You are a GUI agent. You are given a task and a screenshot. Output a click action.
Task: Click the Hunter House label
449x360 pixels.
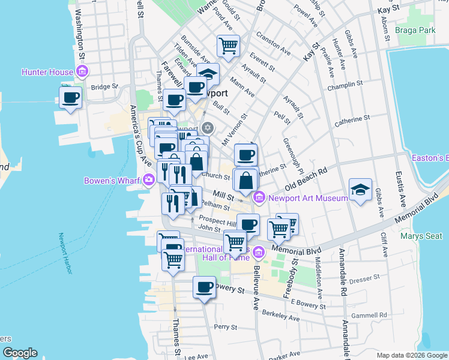click(x=47, y=72)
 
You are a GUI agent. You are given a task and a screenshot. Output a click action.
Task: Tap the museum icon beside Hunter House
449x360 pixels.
click(x=82, y=73)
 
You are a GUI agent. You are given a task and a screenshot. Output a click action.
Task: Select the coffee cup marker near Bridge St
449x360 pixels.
click(x=70, y=97)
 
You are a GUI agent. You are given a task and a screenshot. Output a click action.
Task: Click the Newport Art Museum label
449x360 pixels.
click(x=308, y=198)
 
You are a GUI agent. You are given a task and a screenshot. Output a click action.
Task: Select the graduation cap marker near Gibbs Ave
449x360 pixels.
click(x=360, y=190)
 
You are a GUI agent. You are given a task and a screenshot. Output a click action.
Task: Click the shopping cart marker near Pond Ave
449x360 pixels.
click(x=228, y=46)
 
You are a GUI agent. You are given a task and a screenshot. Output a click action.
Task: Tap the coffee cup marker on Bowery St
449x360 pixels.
click(x=204, y=287)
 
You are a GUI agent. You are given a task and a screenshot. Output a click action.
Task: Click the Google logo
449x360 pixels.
click(x=19, y=353)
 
